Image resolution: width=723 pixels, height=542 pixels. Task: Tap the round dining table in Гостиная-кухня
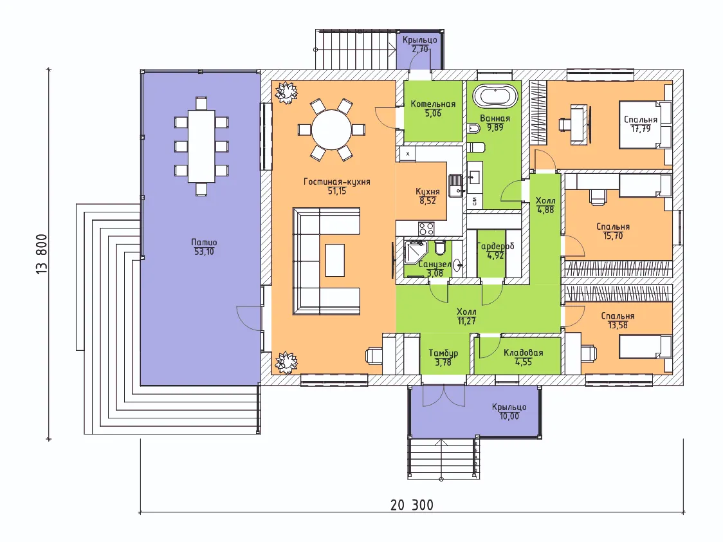331,129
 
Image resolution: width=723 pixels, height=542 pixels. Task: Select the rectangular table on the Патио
201,146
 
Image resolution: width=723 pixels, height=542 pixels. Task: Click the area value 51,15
336,191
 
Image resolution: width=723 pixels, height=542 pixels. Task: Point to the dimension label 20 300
412,505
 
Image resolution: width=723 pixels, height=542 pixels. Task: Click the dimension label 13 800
42,254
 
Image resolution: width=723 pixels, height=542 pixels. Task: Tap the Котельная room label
433,104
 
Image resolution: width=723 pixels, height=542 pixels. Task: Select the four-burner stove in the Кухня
426,228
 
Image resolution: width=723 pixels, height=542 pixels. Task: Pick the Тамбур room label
443,353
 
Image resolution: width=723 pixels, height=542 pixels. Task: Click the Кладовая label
524,353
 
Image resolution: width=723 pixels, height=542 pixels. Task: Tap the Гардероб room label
495,247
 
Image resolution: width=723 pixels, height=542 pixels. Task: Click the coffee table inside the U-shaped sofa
334,259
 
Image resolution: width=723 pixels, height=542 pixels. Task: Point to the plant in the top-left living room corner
286,92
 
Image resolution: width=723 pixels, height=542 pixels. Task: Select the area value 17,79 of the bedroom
641,129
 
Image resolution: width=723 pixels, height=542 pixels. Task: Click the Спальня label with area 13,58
618,316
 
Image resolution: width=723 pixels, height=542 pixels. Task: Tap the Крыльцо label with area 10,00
509,407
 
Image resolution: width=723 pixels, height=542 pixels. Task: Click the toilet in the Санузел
439,248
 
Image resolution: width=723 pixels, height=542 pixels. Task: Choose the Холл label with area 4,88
545,201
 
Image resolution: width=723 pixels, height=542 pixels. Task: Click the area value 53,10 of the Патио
204,252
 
